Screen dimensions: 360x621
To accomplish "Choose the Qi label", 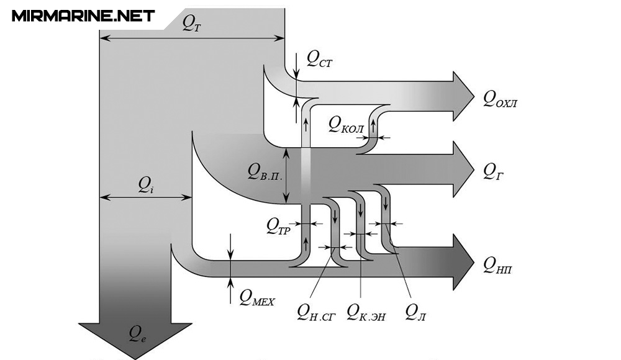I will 145,185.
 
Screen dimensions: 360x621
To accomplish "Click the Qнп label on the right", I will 497,266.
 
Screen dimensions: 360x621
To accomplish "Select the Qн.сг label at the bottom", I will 316,312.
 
